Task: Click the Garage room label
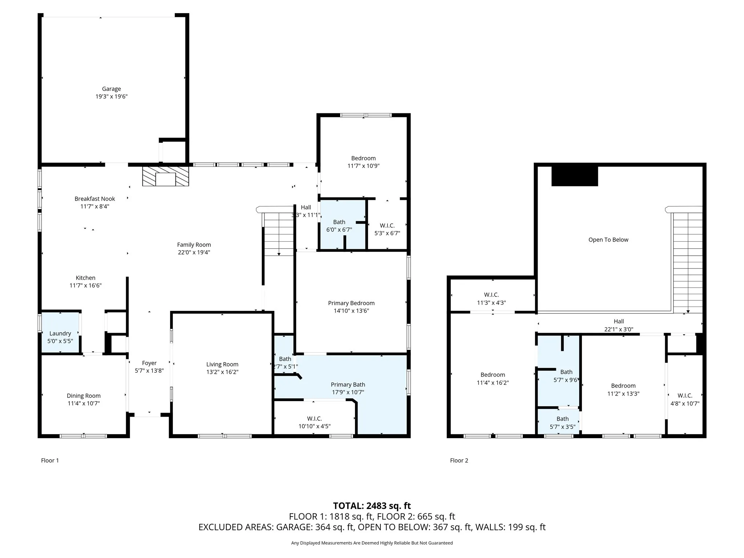coord(111,89)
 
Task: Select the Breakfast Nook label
coord(94,199)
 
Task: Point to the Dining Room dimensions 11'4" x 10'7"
coord(84,403)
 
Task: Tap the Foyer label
coord(149,363)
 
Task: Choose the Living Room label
coord(222,364)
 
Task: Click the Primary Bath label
coord(348,385)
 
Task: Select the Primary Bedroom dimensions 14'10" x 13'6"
coord(351,311)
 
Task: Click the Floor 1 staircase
coord(279,232)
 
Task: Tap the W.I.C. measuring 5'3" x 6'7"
coord(387,229)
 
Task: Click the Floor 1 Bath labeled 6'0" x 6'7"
coord(339,226)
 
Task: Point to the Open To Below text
coord(608,240)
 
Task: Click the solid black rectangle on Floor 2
coord(574,176)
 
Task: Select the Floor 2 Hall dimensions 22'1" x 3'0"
coord(619,329)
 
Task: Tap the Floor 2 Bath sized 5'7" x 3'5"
coord(562,423)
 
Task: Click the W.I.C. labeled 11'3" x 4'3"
coord(491,299)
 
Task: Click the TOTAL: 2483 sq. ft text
coord(372,506)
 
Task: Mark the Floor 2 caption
coord(459,460)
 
